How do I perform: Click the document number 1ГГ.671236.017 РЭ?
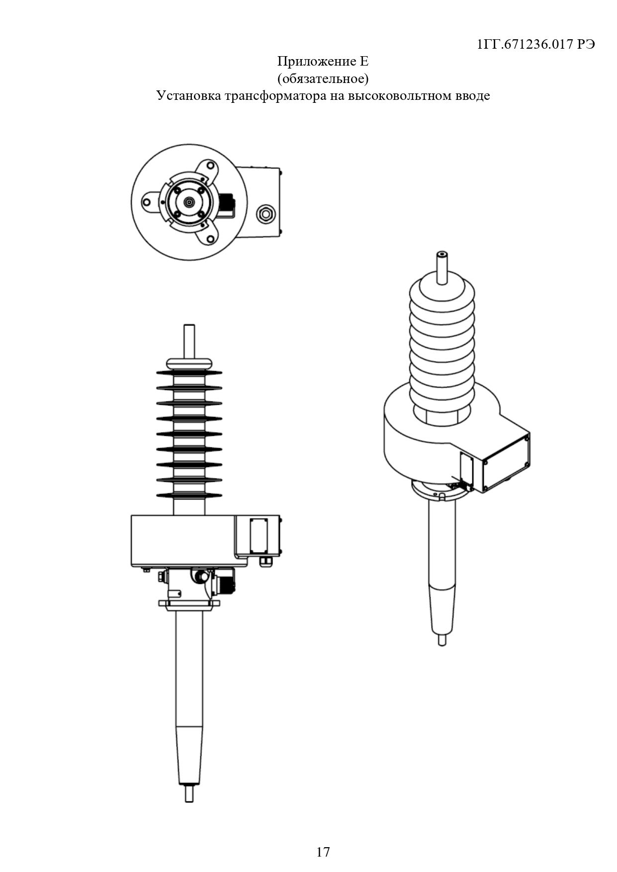[x=536, y=45]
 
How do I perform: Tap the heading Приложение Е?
[x=323, y=62]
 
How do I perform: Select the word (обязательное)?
[x=323, y=79]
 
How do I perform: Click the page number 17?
[x=323, y=852]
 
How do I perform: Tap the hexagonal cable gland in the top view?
[x=264, y=214]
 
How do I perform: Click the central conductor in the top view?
[x=189, y=202]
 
